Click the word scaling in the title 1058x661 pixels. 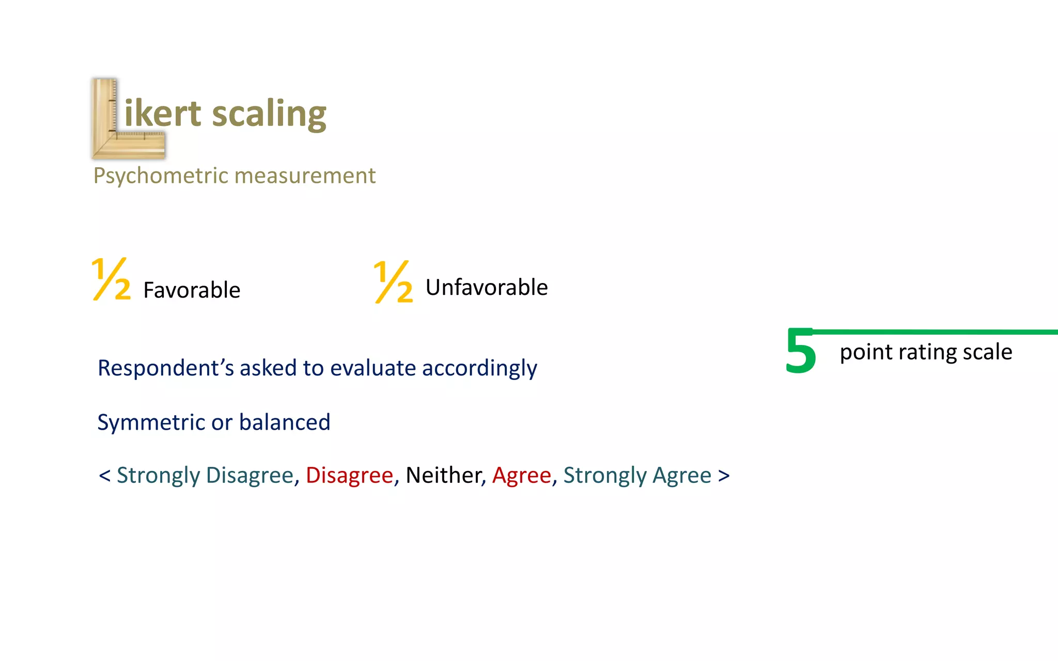(269, 114)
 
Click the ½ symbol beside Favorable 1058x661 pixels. (111, 279)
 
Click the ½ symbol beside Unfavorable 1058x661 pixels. (393, 282)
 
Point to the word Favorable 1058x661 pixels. (192, 290)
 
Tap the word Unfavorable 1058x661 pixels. (487, 288)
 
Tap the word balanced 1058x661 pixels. (285, 422)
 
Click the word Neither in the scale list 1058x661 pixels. (444, 476)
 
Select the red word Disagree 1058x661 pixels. (349, 476)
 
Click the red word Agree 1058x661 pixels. (522, 476)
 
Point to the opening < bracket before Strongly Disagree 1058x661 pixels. (104, 476)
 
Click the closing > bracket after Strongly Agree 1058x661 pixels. (724, 476)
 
